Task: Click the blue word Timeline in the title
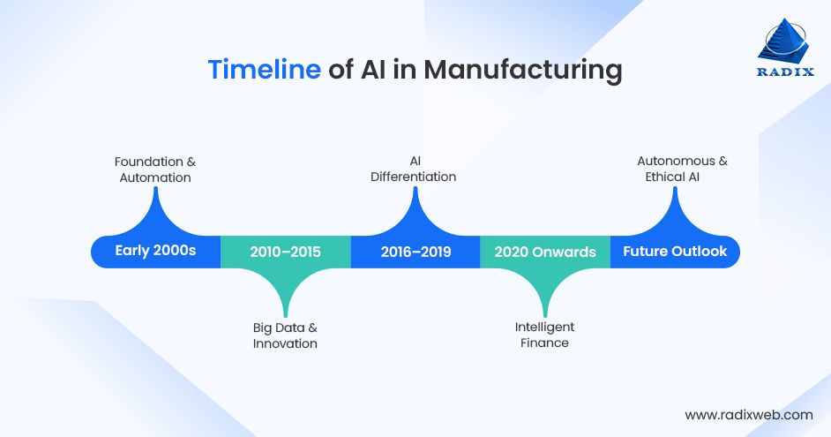click(x=264, y=70)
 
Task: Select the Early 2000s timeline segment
click(x=155, y=252)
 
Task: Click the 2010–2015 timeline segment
click(x=285, y=252)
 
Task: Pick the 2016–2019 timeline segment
click(x=415, y=252)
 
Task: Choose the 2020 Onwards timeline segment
click(x=544, y=252)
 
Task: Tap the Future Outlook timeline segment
click(x=675, y=252)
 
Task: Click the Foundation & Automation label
click(x=155, y=170)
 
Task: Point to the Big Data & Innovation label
click(x=285, y=335)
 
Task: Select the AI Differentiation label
click(x=415, y=169)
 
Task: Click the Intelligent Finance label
click(x=544, y=335)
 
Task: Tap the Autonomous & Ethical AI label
click(x=677, y=169)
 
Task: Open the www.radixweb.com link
click(x=748, y=414)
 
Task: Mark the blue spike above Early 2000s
click(x=156, y=212)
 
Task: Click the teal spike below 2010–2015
click(x=285, y=291)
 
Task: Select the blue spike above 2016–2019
click(x=415, y=212)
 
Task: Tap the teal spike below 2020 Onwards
click(x=544, y=291)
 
